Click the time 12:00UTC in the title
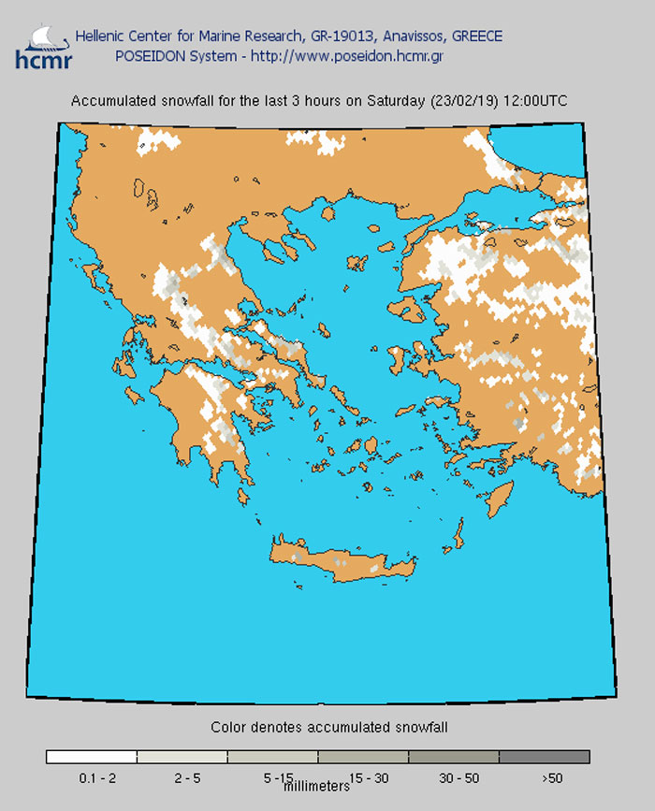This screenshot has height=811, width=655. pos(533,101)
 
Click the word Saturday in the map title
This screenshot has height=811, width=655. pos(399,101)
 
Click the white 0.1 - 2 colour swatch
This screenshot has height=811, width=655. pos(92,757)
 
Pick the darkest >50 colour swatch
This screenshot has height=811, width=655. pos(545,757)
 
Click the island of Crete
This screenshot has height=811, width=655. pos(346,562)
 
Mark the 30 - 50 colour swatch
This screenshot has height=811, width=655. pos(454,757)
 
